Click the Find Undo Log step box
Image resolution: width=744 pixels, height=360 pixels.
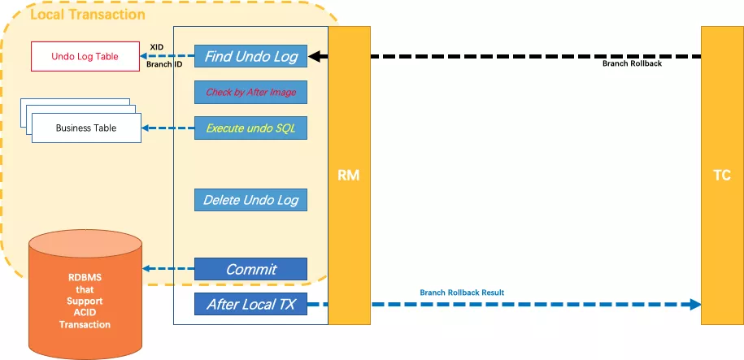click(250, 56)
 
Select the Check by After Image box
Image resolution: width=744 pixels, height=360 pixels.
click(250, 93)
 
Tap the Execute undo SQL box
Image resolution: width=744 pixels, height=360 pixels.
click(250, 128)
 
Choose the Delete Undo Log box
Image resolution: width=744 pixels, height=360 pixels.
click(250, 200)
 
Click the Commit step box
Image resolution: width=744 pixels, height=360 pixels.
click(250, 269)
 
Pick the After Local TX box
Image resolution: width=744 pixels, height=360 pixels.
click(250, 305)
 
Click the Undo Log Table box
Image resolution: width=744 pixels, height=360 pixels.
click(85, 56)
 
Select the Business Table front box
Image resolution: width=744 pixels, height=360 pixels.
click(85, 128)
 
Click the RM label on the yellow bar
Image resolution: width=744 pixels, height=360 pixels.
click(349, 176)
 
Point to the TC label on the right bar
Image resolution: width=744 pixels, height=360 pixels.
click(720, 176)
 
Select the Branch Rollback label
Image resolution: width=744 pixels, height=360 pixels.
click(632, 63)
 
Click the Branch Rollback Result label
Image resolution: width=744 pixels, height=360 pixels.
click(462, 292)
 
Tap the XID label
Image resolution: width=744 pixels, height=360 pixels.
click(158, 47)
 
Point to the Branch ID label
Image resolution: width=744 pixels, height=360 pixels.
click(163, 63)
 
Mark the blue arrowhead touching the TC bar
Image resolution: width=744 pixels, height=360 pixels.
click(693, 305)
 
